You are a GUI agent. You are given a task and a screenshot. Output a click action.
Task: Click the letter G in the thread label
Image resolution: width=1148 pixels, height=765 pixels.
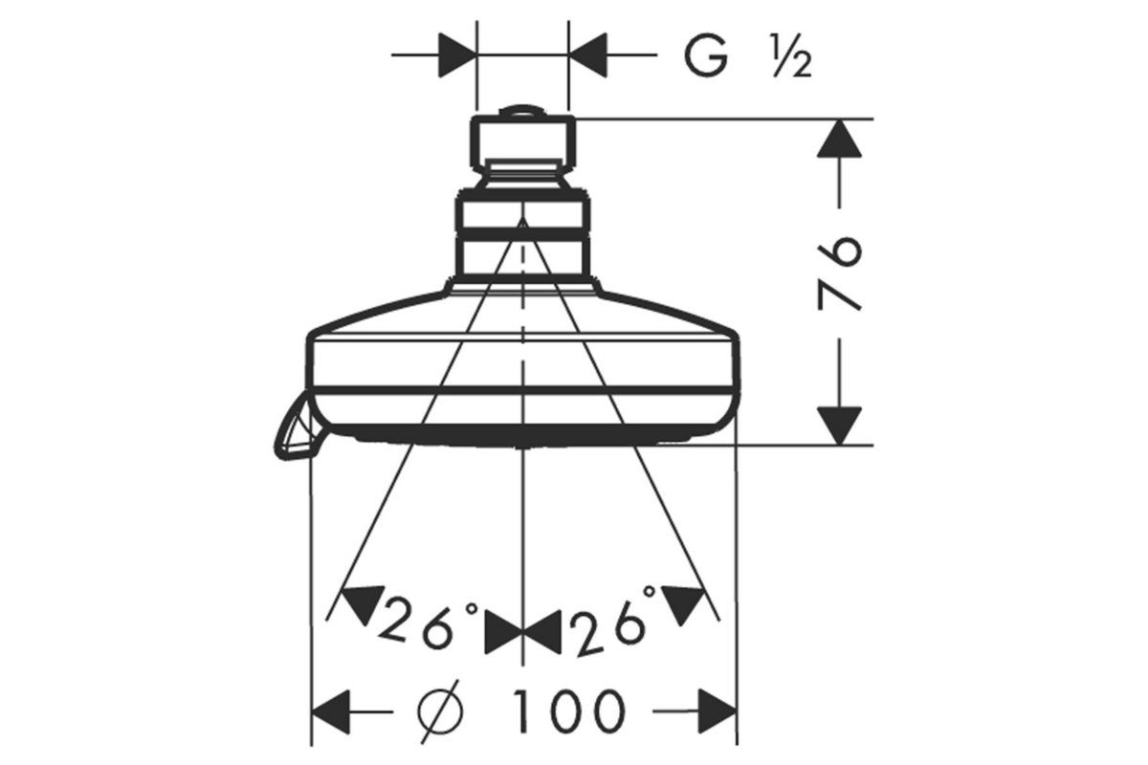click(706, 55)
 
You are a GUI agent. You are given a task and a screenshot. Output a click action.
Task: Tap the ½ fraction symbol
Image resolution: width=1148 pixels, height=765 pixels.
click(792, 56)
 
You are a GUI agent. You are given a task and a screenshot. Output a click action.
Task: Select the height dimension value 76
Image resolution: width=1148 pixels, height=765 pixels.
click(839, 273)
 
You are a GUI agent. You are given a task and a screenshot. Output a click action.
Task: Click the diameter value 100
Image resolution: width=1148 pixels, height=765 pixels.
click(569, 711)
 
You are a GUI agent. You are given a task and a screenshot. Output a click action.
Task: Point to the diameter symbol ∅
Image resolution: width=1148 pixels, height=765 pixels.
click(440, 711)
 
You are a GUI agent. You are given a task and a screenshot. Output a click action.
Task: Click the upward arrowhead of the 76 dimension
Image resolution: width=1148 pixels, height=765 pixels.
click(839, 139)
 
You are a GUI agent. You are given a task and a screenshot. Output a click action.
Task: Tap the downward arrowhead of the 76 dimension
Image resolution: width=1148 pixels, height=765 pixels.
click(839, 426)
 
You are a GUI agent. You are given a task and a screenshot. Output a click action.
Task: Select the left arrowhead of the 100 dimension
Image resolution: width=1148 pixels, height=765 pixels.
click(331, 711)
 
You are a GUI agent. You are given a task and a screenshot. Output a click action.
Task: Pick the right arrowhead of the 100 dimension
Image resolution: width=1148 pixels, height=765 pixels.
click(717, 711)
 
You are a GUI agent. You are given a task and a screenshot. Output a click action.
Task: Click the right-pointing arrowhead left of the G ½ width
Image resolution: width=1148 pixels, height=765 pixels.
click(457, 55)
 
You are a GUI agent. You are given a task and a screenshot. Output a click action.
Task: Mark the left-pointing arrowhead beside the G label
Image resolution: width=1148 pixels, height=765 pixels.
click(587, 55)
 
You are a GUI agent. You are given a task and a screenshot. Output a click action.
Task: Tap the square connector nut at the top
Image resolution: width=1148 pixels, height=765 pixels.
click(522, 142)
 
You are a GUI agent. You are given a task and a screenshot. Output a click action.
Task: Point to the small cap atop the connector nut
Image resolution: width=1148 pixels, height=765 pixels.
click(522, 111)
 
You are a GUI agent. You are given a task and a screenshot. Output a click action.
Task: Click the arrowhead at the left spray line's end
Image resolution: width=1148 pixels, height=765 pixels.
click(363, 603)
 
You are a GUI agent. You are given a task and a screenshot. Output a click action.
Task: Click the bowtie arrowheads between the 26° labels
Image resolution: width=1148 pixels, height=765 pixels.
click(522, 632)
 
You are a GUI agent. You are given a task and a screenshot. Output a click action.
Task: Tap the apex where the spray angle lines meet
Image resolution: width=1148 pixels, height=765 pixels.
click(522, 219)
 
